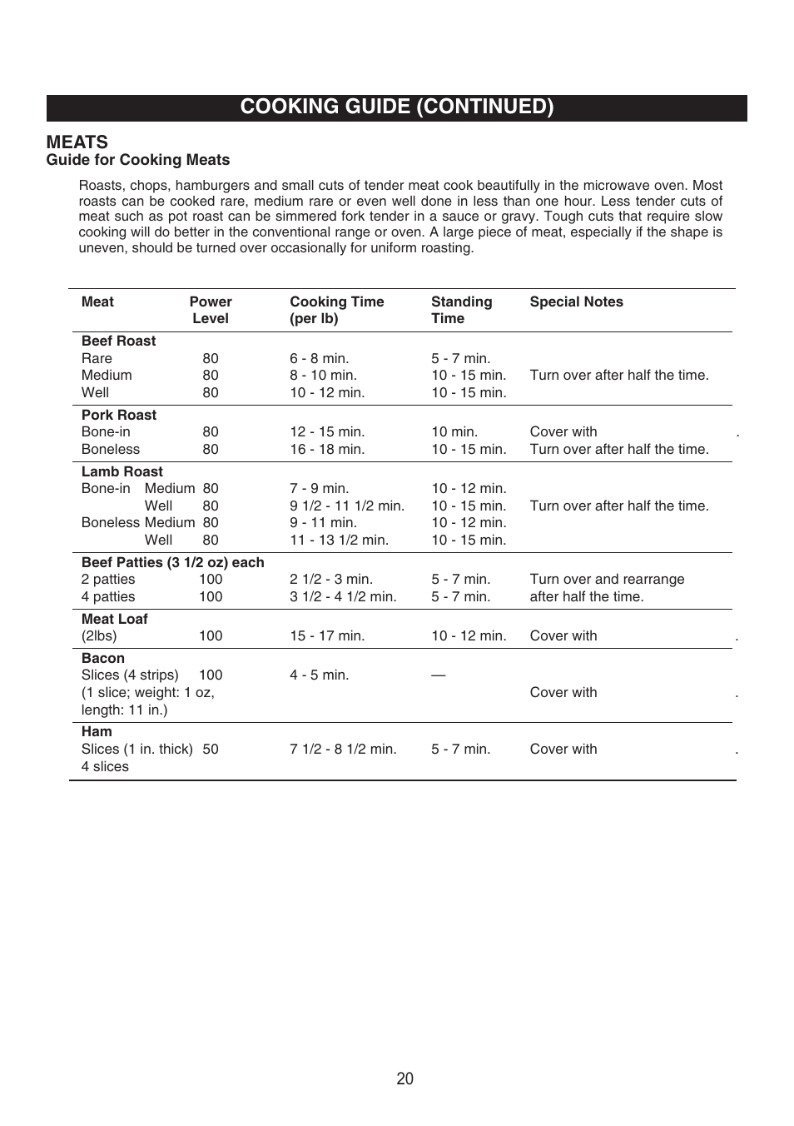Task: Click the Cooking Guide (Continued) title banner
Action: point(397,107)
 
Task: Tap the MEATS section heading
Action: point(77,142)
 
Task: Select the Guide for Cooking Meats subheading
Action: point(138,160)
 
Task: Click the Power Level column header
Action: point(211,310)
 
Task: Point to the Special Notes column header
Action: point(576,302)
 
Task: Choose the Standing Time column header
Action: point(461,310)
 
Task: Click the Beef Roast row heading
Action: point(118,341)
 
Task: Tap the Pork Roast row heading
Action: point(118,415)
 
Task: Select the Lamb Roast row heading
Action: point(122,471)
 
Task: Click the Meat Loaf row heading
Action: point(114,619)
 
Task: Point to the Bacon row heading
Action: point(102,658)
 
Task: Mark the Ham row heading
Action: point(97,731)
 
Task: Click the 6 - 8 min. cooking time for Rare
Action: point(319,359)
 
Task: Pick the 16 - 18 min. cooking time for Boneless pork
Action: point(327,450)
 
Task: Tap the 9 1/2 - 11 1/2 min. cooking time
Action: point(347,506)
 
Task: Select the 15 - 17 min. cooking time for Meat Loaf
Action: point(327,636)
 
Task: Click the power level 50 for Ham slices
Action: point(211,750)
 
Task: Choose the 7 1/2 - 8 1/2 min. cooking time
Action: point(343,750)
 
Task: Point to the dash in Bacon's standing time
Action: point(438,675)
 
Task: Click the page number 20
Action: point(404,1079)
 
